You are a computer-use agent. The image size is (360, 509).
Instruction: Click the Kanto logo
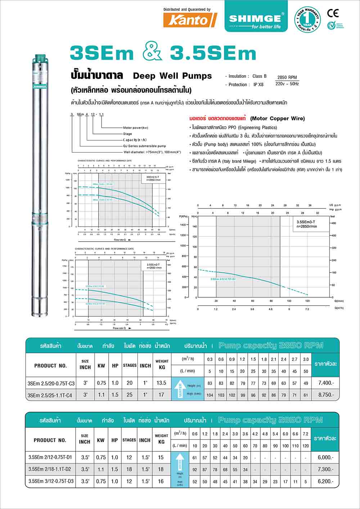[190, 20]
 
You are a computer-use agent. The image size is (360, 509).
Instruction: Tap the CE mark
[333, 13]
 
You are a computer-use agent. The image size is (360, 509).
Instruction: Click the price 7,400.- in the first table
[326, 383]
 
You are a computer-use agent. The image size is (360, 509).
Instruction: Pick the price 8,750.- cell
[326, 395]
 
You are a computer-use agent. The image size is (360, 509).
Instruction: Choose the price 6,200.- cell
[326, 481]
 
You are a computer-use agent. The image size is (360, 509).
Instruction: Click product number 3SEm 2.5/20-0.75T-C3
[51, 383]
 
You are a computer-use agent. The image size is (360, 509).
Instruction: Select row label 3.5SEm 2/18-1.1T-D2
[50, 469]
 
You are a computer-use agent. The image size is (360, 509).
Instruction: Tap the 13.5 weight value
[162, 383]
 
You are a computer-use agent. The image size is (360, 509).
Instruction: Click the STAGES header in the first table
[130, 365]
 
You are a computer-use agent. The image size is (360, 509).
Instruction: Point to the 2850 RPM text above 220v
[287, 77]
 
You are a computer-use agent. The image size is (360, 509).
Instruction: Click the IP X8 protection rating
[258, 85]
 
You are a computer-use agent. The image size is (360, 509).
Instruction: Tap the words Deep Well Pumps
[172, 76]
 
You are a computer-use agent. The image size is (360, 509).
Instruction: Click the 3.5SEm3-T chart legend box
[307, 224]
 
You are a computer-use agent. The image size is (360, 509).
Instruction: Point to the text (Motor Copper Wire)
[277, 118]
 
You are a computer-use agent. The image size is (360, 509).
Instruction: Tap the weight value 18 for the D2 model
[161, 469]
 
